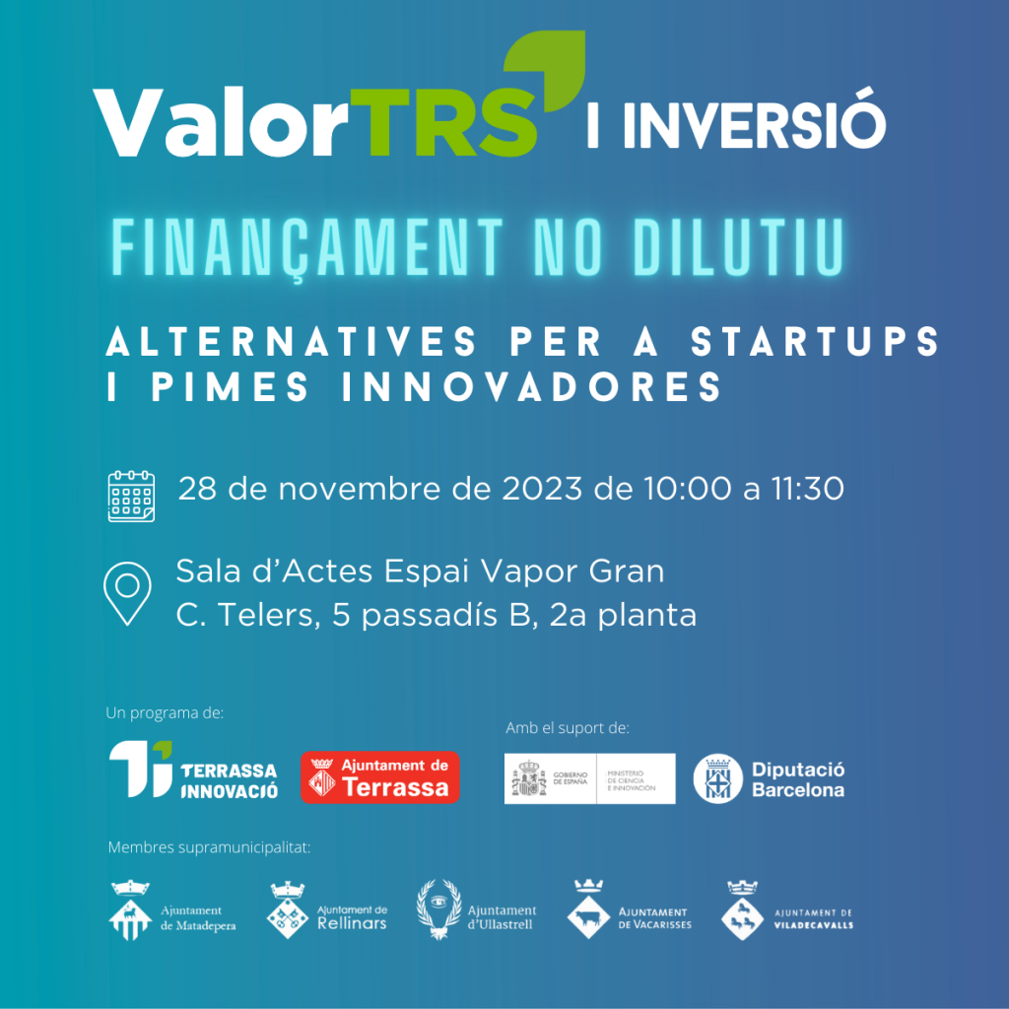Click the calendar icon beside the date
pyautogui.click(x=131, y=496)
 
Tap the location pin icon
pyautogui.click(x=127, y=592)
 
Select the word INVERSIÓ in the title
pyautogui.click(x=754, y=120)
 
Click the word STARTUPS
pyautogui.click(x=815, y=341)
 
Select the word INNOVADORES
pyautogui.click(x=531, y=386)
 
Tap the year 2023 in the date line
pyautogui.click(x=542, y=489)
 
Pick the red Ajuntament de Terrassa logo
pyautogui.click(x=380, y=777)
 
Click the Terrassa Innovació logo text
pyautogui.click(x=229, y=780)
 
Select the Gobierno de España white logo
pyautogui.click(x=589, y=778)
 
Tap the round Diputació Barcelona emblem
pyautogui.click(x=717, y=778)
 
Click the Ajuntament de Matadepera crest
pyautogui.click(x=130, y=910)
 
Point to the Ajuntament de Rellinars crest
pyautogui.click(x=287, y=910)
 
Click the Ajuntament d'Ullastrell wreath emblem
pyautogui.click(x=438, y=909)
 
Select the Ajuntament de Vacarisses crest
pyautogui.click(x=588, y=909)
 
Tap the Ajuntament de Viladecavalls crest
pyautogui.click(x=742, y=910)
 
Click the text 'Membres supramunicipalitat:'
pyautogui.click(x=209, y=847)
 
